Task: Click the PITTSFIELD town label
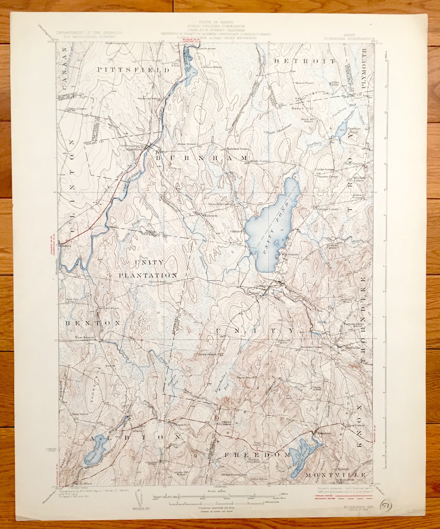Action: (x=133, y=70)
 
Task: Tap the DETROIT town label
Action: (x=305, y=61)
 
